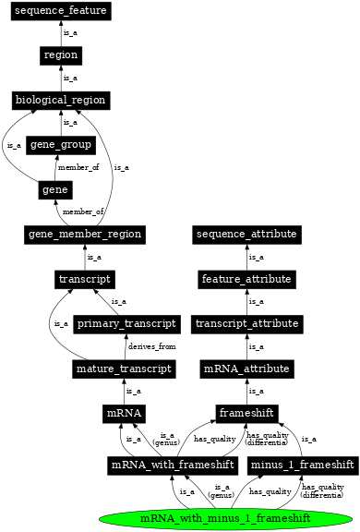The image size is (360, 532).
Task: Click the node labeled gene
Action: click(x=51, y=189)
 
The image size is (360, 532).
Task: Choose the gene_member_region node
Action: click(x=84, y=235)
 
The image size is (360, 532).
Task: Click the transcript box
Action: click(x=84, y=279)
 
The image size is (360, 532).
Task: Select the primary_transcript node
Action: click(x=126, y=324)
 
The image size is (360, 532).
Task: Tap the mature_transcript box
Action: click(x=124, y=369)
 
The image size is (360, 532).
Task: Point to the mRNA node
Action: click(x=124, y=414)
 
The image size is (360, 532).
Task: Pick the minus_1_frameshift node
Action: click(x=303, y=464)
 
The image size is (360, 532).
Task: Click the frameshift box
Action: click(x=246, y=414)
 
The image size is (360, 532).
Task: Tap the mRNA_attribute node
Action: click(x=246, y=369)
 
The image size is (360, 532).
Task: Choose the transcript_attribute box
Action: click(x=246, y=324)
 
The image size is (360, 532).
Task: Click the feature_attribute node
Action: click(x=246, y=279)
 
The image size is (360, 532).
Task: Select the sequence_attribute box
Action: click(x=246, y=235)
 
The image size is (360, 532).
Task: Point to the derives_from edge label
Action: click(x=150, y=346)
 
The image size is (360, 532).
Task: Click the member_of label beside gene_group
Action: click(x=78, y=167)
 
